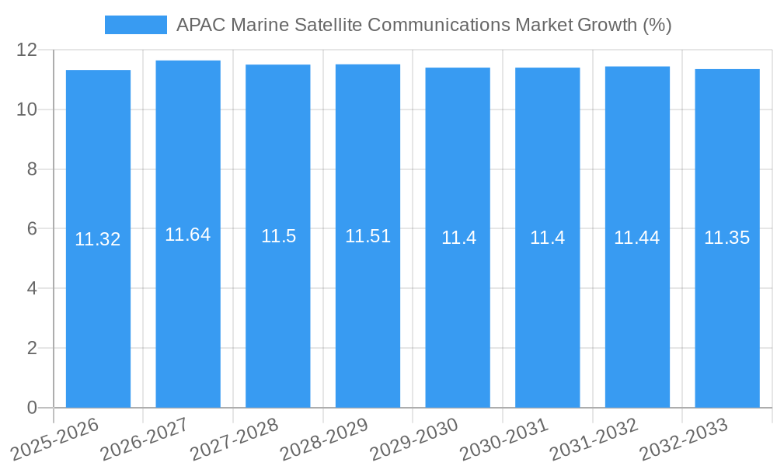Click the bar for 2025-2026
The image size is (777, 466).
[x=98, y=311]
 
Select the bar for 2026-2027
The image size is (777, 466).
[x=188, y=311]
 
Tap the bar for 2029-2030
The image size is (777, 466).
[x=458, y=311]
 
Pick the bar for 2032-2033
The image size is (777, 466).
[x=727, y=311]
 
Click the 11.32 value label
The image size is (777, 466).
[x=98, y=239]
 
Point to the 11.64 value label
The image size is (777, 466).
[x=188, y=235]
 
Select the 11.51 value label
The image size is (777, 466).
[x=368, y=236]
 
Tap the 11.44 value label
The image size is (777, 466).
[x=637, y=238]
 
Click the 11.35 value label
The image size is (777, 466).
[x=727, y=238]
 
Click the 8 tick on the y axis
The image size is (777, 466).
[x=32, y=169]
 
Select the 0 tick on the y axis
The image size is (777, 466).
[x=32, y=408]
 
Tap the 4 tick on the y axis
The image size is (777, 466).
[x=32, y=288]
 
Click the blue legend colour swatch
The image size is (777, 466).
[x=136, y=25]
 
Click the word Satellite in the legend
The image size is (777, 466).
[x=328, y=25]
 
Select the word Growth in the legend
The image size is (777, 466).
[x=607, y=25]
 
